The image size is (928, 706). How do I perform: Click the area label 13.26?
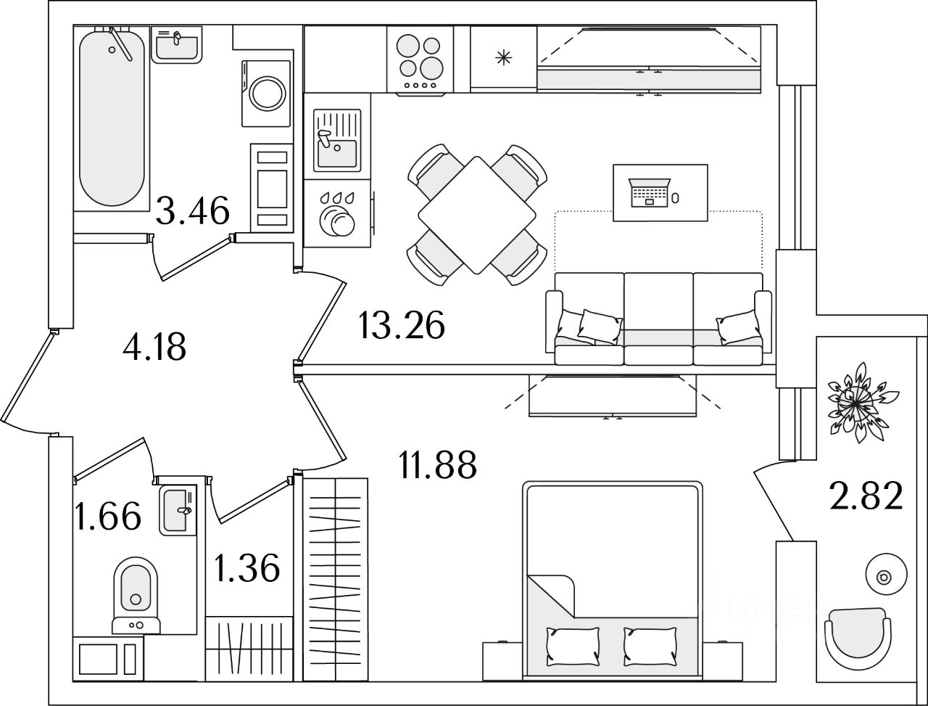[x=401, y=325]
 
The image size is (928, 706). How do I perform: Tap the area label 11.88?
[x=437, y=464]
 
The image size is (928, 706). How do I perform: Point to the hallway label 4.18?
[x=154, y=347]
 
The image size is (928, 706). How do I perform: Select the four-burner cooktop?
[x=420, y=58]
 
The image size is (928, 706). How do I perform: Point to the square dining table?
[x=477, y=215]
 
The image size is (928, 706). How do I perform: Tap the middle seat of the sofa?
[x=658, y=319]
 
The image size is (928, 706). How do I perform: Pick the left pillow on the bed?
[x=574, y=642]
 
